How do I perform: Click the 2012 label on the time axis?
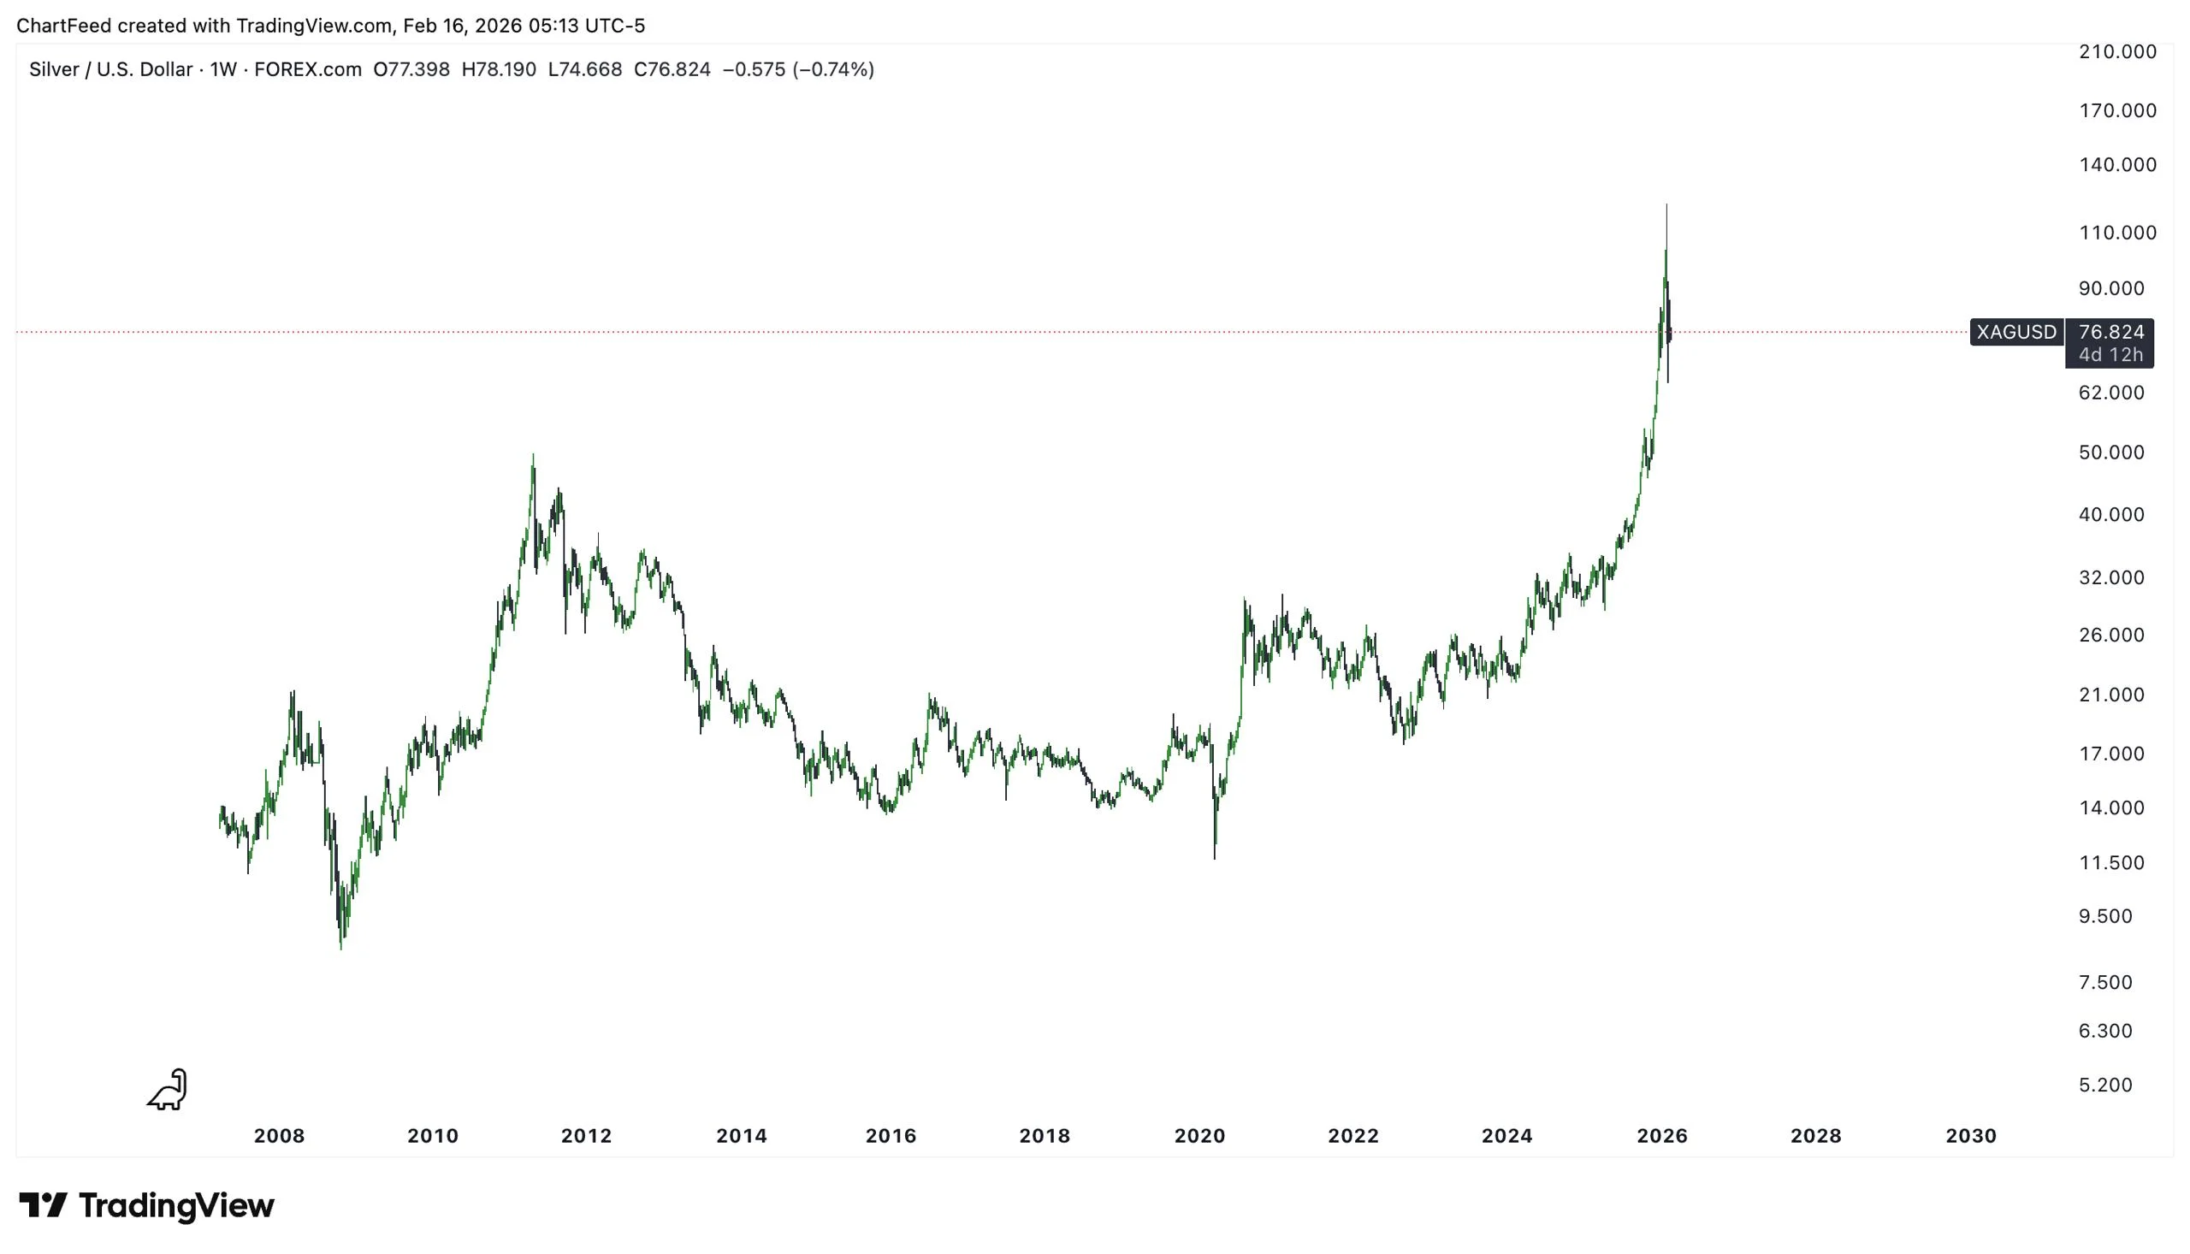(586, 1135)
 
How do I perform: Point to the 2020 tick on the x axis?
(1199, 1135)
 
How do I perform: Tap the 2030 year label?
(1970, 1135)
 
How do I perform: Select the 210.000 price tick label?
(2116, 51)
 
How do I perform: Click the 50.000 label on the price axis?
(2110, 453)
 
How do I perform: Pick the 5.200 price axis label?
(2104, 1085)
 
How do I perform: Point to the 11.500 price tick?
(2110, 862)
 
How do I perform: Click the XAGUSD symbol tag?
(2015, 332)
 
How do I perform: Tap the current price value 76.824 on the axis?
(2110, 332)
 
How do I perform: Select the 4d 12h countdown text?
(2110, 355)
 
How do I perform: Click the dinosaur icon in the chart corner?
(168, 1090)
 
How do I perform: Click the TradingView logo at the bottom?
(146, 1205)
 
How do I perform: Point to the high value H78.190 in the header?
(499, 70)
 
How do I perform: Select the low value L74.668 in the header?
(585, 70)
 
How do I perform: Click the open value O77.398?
(411, 70)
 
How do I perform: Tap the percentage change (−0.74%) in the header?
(832, 70)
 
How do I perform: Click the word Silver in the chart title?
(54, 70)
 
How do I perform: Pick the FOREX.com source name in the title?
(307, 70)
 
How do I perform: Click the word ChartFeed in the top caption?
(63, 26)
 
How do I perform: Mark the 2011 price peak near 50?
(533, 457)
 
